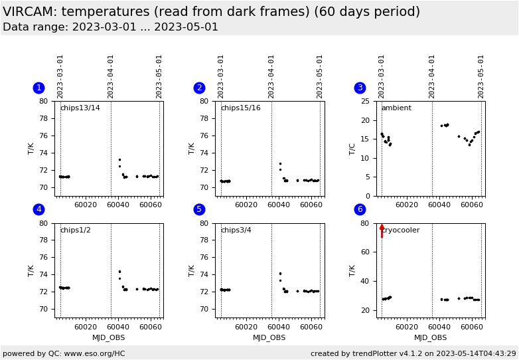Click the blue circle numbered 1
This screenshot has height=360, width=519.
[x=38, y=88]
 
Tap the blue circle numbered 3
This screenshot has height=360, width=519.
[x=360, y=88]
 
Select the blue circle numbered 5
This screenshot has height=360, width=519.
[x=199, y=209]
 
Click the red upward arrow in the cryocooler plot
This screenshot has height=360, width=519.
[x=382, y=230]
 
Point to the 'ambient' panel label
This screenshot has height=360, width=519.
[x=396, y=108]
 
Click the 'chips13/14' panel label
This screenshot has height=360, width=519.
[x=80, y=108]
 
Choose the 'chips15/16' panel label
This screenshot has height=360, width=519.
[x=240, y=108]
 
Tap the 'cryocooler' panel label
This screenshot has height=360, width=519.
[x=402, y=230]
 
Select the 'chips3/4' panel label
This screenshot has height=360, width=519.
[x=236, y=230]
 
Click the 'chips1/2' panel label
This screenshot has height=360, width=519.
[x=75, y=230]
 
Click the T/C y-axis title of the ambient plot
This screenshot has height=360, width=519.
[x=352, y=148]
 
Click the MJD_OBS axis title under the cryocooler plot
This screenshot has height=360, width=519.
[x=429, y=337]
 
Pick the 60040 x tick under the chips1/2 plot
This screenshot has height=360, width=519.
[x=117, y=326]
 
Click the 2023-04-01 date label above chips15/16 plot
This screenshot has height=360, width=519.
[x=271, y=76]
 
